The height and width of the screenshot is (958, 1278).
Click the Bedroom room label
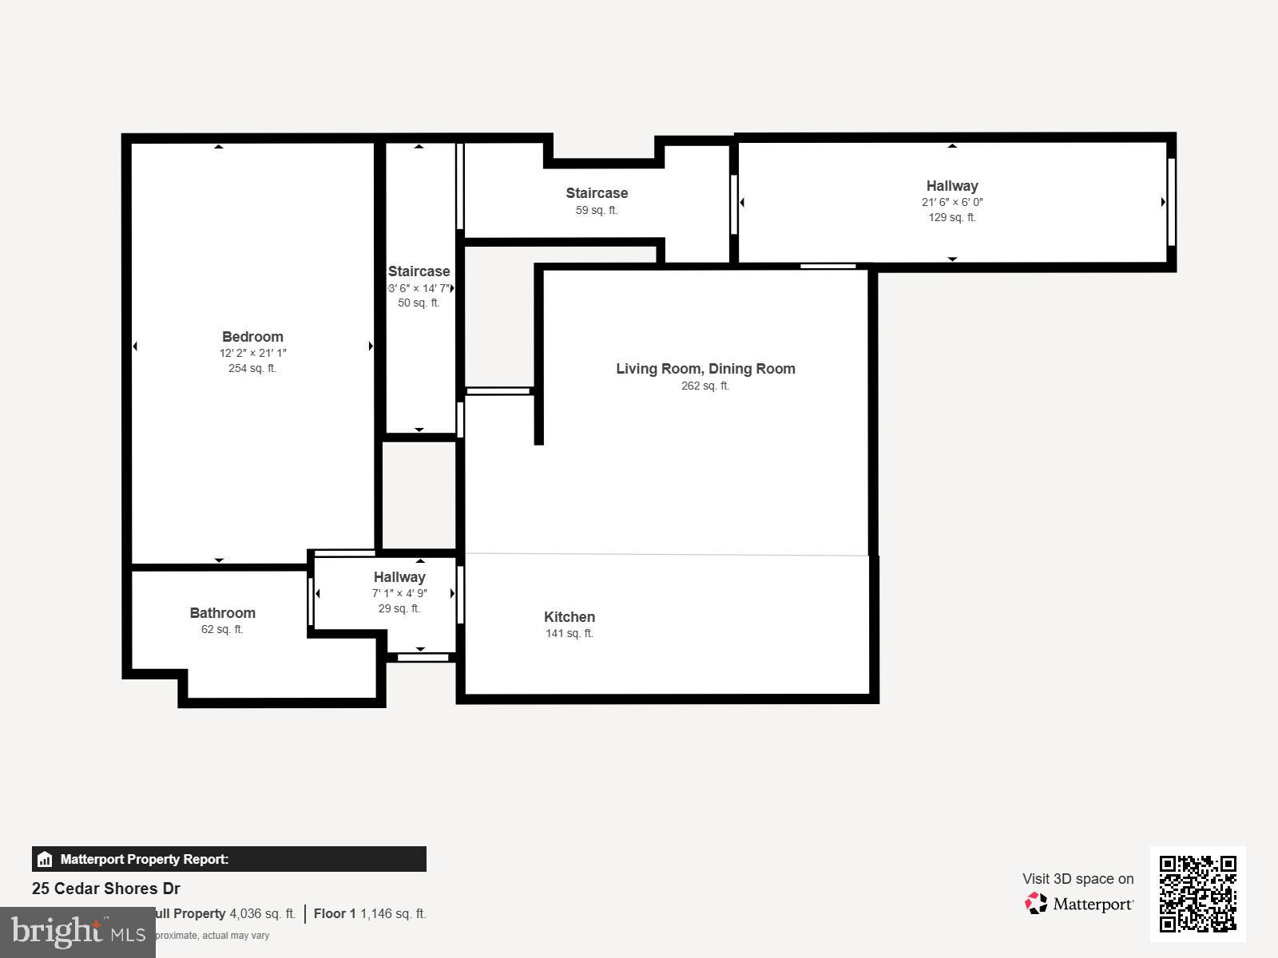tap(252, 337)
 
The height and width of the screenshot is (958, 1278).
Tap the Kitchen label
tap(569, 617)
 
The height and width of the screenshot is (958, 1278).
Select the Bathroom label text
tap(222, 613)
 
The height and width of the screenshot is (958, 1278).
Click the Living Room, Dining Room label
tap(705, 369)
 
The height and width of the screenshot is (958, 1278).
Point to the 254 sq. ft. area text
tap(252, 368)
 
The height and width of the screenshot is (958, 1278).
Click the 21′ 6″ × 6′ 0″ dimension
tap(952, 202)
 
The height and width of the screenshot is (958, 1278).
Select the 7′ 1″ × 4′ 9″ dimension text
tap(399, 593)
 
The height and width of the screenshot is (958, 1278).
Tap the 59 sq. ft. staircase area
tap(597, 210)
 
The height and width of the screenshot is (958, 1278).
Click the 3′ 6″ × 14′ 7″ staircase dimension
tap(419, 288)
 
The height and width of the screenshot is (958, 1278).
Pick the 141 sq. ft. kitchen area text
tap(569, 633)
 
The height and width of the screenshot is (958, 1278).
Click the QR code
tap(1197, 893)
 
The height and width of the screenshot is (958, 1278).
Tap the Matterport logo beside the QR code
tap(1080, 904)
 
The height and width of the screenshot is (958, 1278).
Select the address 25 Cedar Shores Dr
tap(106, 889)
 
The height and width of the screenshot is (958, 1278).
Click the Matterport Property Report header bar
tap(228, 859)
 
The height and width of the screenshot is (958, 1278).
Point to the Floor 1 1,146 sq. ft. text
tap(370, 913)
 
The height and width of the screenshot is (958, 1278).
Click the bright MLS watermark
tap(77, 932)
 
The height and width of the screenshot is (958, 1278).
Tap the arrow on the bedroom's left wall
tap(135, 346)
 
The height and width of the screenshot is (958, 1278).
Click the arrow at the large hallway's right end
tap(1163, 202)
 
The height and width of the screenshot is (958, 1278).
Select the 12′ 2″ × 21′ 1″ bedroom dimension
tap(252, 353)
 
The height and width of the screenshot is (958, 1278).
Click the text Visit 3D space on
tap(1078, 879)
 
